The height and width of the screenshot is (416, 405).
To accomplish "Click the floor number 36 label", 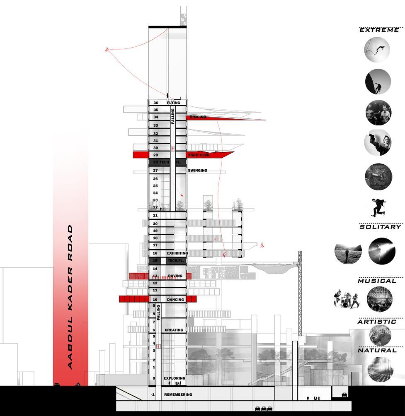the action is click(156, 103).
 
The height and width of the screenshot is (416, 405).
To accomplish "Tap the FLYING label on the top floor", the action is click(173, 103).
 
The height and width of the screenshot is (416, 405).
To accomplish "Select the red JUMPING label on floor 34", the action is click(198, 118).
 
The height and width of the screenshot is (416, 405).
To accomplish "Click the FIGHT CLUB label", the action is click(199, 155).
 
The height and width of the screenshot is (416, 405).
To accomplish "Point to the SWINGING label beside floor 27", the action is click(197, 171).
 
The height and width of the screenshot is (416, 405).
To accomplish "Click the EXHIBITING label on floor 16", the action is click(177, 253).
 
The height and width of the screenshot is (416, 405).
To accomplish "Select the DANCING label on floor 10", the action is click(175, 299).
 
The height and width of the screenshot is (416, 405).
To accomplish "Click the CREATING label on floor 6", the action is click(174, 330).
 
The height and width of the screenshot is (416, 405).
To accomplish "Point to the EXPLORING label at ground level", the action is click(175, 378).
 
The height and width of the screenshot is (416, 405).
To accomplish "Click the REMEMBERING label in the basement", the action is click(178, 395).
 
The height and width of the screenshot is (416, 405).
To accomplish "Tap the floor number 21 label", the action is click(155, 216).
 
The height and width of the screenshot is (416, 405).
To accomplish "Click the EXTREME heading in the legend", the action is click(379, 30).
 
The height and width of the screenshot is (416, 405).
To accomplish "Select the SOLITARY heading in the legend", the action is click(380, 227).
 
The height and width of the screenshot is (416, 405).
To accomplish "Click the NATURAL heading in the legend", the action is click(378, 351).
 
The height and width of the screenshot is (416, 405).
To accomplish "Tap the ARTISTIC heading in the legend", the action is click(377, 322).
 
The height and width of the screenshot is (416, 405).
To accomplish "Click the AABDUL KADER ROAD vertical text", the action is click(70, 297).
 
